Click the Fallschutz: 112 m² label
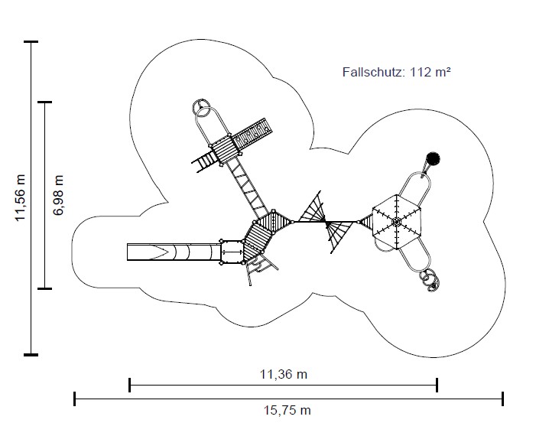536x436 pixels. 397,72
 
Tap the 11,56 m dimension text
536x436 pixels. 21,198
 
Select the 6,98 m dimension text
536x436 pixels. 58,195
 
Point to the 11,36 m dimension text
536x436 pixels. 284,374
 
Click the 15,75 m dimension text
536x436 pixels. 287,410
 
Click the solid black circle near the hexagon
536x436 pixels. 433,158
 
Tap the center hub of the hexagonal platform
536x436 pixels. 396,222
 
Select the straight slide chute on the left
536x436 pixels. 174,252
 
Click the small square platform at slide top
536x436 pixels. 232,252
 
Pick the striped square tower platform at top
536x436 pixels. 226,148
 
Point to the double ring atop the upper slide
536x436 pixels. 202,108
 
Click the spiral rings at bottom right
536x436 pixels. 430,280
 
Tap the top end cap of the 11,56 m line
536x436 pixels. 31,42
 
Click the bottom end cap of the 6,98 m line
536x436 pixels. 45,288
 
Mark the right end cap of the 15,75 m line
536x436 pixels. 503,399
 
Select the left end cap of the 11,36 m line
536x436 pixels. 129,385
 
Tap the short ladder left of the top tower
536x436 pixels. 203,161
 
